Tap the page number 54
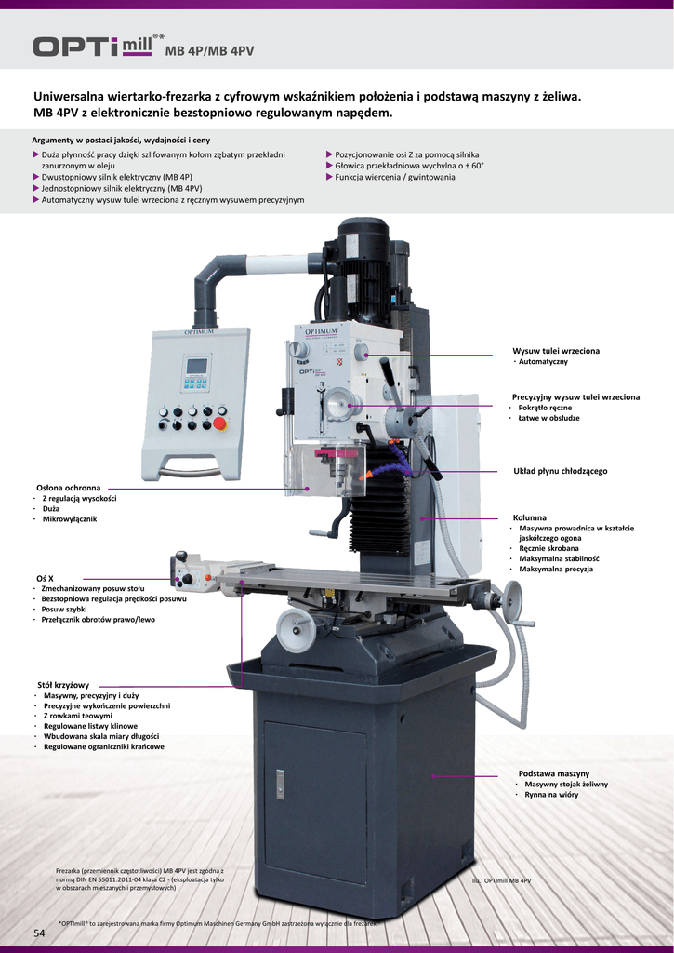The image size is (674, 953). [39, 933]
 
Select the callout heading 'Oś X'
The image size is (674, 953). [45, 578]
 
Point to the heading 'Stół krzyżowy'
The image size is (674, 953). [63, 685]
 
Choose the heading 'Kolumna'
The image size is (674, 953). [530, 517]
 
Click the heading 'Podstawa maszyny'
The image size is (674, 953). [553, 773]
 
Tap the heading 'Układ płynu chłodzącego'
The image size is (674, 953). [560, 471]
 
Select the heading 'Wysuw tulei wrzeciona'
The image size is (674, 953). [556, 351]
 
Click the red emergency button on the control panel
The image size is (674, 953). [220, 423]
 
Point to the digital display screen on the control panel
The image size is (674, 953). [196, 366]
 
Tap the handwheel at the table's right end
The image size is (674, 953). [512, 601]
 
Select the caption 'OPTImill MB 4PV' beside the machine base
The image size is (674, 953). [501, 880]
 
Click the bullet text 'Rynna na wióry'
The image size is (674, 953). [551, 795]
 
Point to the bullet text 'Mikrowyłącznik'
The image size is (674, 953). [70, 518]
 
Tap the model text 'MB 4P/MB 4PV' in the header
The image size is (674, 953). [209, 51]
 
